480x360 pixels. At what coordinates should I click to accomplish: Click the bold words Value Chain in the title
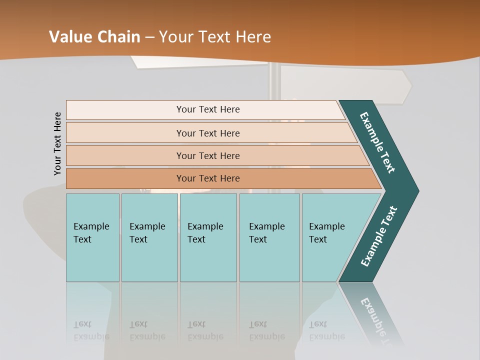click(95, 37)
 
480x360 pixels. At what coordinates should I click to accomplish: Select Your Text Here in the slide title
click(215, 37)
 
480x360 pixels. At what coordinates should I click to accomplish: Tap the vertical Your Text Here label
click(57, 144)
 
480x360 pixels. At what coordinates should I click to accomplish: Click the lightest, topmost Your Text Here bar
click(207, 109)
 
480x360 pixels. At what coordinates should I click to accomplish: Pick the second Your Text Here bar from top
click(207, 133)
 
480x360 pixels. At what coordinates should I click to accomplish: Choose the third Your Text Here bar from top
click(207, 155)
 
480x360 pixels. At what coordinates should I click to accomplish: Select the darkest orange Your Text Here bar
click(207, 178)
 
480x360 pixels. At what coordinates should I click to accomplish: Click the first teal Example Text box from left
click(92, 237)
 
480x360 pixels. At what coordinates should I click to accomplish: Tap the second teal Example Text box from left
click(149, 237)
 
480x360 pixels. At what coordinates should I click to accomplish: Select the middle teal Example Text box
click(208, 237)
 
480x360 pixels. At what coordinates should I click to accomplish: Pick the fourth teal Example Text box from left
click(269, 237)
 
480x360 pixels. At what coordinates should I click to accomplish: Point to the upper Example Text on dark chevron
click(378, 142)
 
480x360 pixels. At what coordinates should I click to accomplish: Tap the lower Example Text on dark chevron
click(379, 236)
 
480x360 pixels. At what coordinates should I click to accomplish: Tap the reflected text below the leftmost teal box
click(91, 330)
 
